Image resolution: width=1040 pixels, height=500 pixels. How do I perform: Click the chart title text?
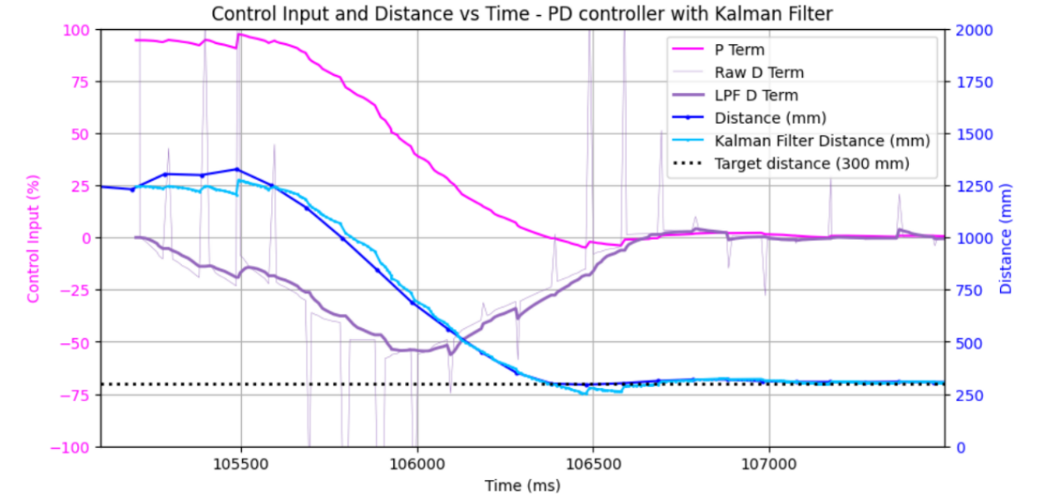pyautogui.click(x=522, y=14)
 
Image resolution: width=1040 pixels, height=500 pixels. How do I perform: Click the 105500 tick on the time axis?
pyautogui.click(x=240, y=463)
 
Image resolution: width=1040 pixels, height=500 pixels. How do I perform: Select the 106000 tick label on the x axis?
pyautogui.click(x=417, y=463)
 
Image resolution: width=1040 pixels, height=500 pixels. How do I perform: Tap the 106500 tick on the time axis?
pyautogui.click(x=593, y=463)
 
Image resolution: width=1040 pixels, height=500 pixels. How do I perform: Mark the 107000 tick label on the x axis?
pyautogui.click(x=769, y=463)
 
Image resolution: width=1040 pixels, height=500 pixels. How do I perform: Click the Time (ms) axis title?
pyautogui.click(x=523, y=486)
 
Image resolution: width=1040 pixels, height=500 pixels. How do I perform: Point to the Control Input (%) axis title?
pyautogui.click(x=33, y=238)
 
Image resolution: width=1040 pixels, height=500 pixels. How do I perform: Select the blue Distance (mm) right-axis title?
pyautogui.click(x=1005, y=238)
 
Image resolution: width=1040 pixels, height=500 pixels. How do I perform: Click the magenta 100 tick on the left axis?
pyautogui.click(x=76, y=30)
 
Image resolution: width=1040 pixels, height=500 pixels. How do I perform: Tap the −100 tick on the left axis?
pyautogui.click(x=70, y=448)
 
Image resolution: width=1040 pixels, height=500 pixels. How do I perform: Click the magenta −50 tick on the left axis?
pyautogui.click(x=74, y=344)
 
